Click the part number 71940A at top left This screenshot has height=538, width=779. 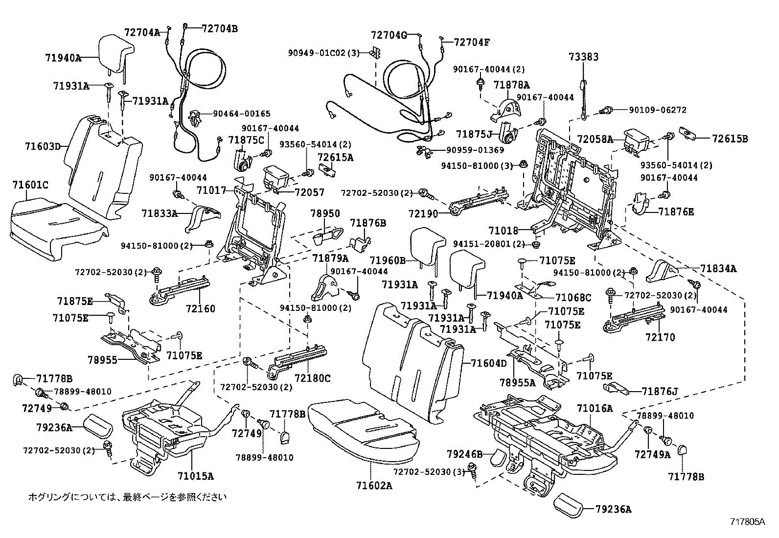click(63, 58)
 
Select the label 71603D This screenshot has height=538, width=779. click(43, 146)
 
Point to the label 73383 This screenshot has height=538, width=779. click(583, 57)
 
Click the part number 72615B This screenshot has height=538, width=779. click(730, 139)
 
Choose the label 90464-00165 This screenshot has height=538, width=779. click(241, 114)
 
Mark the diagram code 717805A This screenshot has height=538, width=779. click(747, 522)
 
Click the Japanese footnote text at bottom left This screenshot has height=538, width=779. click(127, 497)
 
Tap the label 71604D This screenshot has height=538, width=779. click(489, 363)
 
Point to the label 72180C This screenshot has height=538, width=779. click(313, 378)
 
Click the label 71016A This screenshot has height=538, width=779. click(595, 408)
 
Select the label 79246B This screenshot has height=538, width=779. click(464, 454)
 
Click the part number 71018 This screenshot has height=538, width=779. click(503, 229)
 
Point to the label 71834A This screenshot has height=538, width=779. click(718, 268)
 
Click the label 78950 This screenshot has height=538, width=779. click(325, 214)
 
